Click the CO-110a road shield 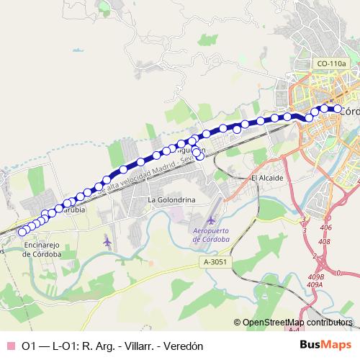click(330, 64)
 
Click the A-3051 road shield click(215, 263)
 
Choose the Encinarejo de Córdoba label click(42, 249)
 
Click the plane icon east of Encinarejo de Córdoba click(107, 240)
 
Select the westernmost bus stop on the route click(22, 231)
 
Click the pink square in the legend click(9, 346)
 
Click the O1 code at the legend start click(29, 346)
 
